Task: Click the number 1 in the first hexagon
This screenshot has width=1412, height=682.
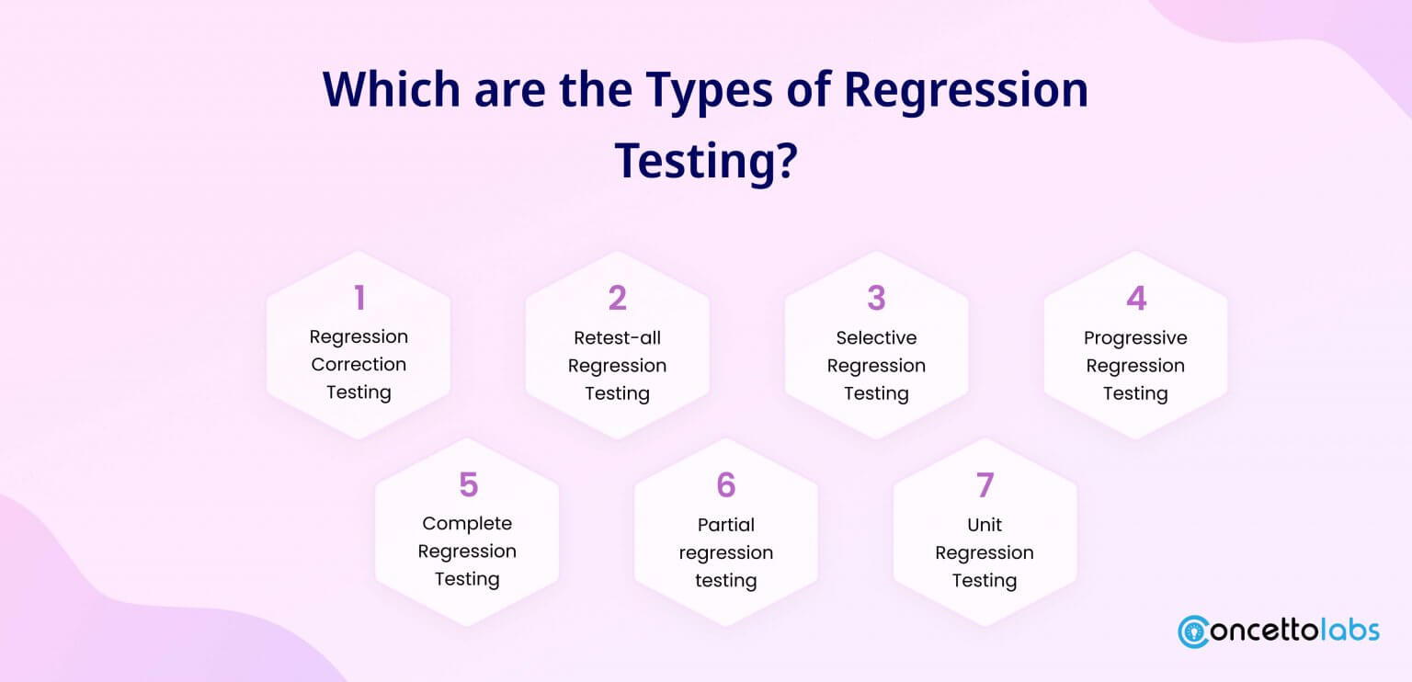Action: [x=360, y=298]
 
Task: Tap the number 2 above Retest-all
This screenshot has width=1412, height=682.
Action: [x=618, y=298]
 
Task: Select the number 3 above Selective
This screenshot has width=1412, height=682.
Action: [x=876, y=298]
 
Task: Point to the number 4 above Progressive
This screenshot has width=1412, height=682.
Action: [x=1136, y=298]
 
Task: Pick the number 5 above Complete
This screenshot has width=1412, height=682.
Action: [x=468, y=484]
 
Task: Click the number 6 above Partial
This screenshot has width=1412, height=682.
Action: [x=726, y=484]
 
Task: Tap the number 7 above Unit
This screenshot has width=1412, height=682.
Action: [x=985, y=484]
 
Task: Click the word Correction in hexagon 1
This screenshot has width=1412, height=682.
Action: [x=359, y=364]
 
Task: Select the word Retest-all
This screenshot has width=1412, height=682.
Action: [x=617, y=338]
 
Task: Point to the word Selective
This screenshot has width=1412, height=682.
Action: [x=876, y=338]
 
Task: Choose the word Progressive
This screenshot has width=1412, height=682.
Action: [x=1135, y=338]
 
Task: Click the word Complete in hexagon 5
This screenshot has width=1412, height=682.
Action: [x=467, y=524]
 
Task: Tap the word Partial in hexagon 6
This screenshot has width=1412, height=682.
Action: [x=726, y=525]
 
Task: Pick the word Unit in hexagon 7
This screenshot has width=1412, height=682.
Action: [x=985, y=525]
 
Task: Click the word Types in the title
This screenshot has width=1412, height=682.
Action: [x=709, y=91]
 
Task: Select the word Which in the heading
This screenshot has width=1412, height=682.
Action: [x=392, y=89]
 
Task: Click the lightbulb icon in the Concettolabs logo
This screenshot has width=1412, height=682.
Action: [x=1194, y=632]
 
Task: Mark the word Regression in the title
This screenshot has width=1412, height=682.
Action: [x=966, y=91]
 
